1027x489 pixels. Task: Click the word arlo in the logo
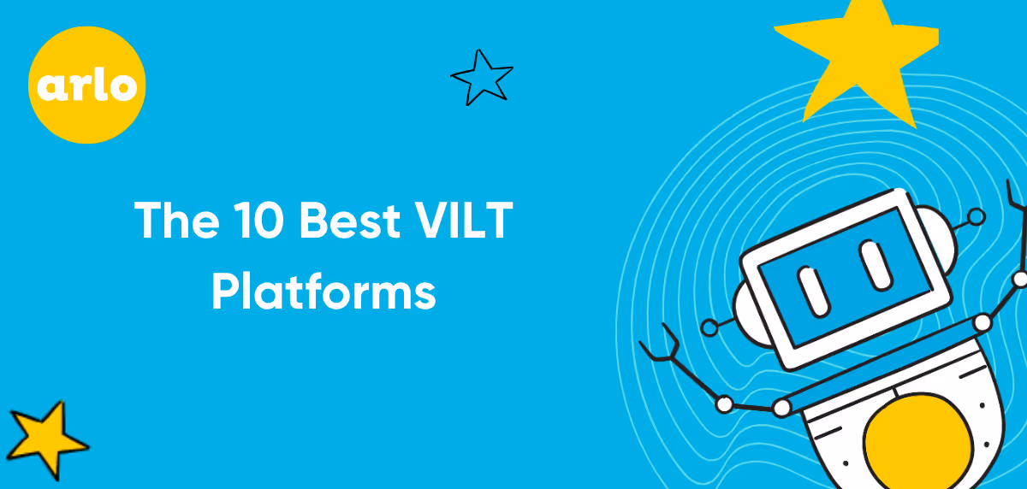point(86,85)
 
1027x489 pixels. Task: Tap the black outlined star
point(482,77)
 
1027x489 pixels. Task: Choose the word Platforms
point(324,292)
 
